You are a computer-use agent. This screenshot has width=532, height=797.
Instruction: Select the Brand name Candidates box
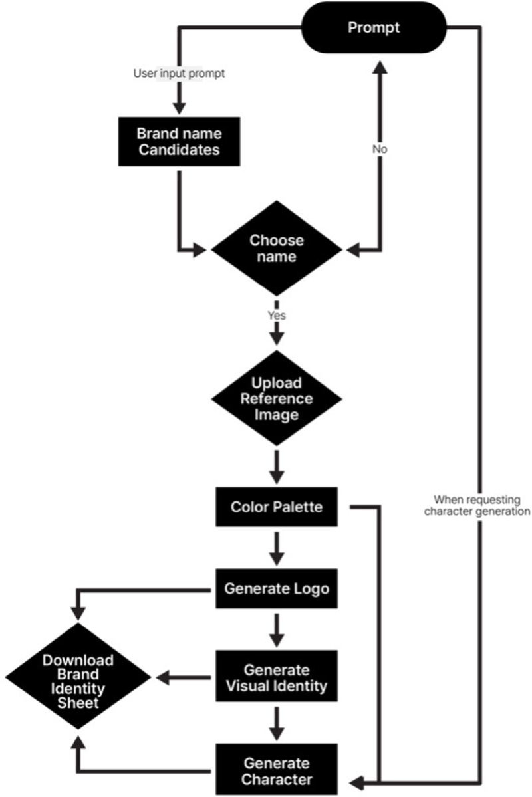point(178,141)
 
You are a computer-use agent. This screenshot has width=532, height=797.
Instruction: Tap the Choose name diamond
point(277,249)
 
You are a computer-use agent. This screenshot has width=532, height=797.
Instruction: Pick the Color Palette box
point(277,507)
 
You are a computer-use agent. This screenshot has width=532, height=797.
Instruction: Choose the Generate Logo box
point(277,588)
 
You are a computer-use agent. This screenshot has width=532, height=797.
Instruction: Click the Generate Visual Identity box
point(277,677)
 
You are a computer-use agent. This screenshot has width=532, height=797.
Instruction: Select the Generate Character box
point(277,770)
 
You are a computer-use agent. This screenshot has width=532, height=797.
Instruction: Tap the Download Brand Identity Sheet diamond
point(78,679)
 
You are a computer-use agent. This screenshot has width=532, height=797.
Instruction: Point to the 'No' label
point(379,150)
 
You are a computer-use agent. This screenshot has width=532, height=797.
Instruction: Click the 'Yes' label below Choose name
point(277,315)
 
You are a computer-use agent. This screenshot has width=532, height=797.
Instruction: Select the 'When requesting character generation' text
point(481,505)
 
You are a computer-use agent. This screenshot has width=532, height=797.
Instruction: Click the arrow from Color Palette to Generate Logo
point(277,547)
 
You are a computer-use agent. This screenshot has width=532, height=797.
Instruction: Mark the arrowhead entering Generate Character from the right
point(356,778)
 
